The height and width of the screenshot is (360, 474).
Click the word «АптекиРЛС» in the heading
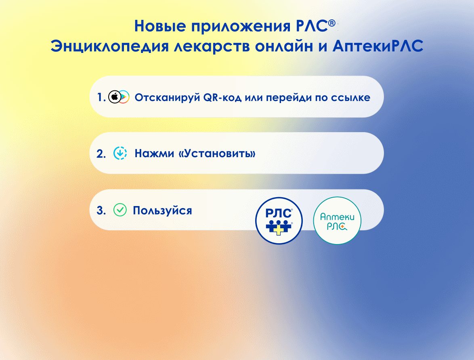point(378,46)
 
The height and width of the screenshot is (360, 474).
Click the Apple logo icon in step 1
point(115,97)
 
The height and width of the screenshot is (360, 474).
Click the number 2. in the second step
point(101,154)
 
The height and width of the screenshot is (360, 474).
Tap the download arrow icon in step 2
point(120,153)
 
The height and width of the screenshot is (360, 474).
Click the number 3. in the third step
point(101,211)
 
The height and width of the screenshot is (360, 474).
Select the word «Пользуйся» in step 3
point(162,211)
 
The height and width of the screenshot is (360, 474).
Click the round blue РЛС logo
point(279,221)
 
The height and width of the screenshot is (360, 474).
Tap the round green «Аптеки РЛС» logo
point(337,221)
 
